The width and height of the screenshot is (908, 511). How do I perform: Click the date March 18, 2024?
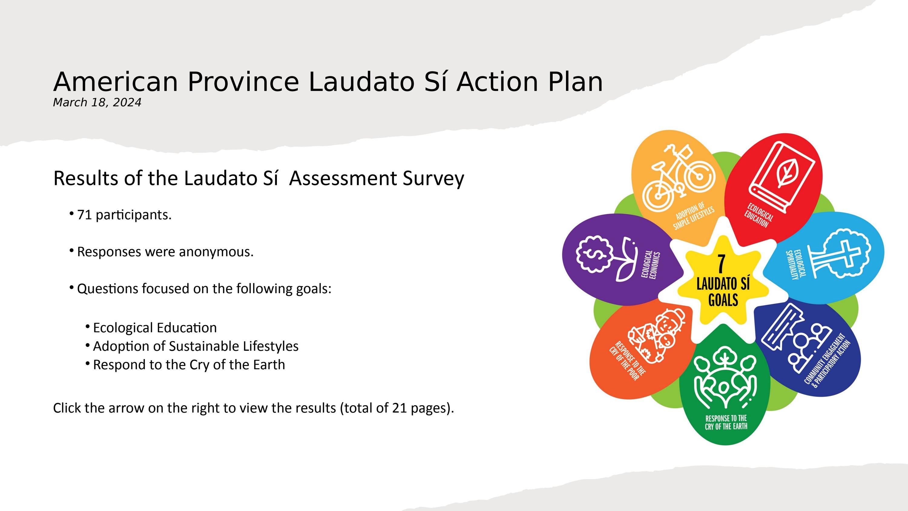coord(97,103)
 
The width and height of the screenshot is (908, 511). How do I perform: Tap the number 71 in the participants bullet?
coord(84,215)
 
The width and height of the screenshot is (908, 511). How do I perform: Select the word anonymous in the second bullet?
coord(216,252)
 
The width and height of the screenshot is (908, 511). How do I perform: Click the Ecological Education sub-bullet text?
coord(155,328)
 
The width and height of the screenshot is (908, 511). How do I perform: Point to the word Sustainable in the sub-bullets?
coord(204,346)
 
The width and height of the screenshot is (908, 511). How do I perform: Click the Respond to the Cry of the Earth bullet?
coord(189,364)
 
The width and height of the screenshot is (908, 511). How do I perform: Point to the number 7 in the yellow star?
coord(722,264)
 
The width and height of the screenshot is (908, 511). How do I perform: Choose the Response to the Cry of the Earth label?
coord(726,423)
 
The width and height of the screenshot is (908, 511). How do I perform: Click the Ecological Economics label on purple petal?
coord(650,265)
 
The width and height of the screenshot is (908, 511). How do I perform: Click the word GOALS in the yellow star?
coord(723,300)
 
